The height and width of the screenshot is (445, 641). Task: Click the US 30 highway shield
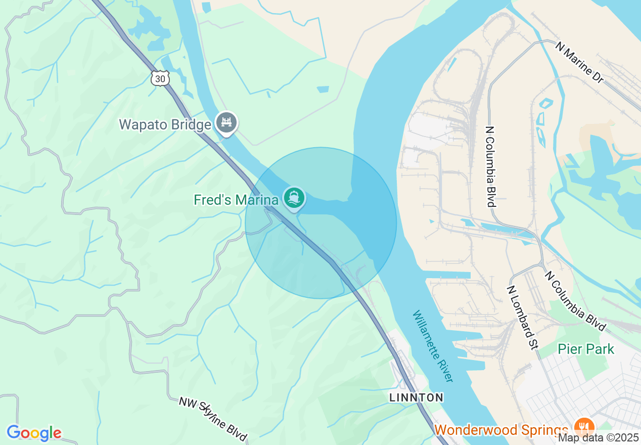(x=160, y=78)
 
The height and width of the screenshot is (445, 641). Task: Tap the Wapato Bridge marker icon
(x=226, y=122)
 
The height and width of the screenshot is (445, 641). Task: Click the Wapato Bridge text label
(x=165, y=124)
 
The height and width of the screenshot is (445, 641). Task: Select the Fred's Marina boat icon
(x=294, y=197)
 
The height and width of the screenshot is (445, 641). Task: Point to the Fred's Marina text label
(x=236, y=200)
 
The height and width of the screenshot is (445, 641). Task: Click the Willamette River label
(x=432, y=346)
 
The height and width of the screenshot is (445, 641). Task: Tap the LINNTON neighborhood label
(x=416, y=397)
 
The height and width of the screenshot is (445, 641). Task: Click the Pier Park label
(x=586, y=349)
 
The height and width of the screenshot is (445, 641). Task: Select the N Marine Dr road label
(x=579, y=63)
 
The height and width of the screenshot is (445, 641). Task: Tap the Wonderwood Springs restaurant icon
(x=585, y=425)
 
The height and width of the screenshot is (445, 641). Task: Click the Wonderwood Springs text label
(x=500, y=430)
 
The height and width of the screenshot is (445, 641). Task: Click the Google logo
(x=34, y=433)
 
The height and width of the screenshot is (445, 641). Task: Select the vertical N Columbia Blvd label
(x=490, y=166)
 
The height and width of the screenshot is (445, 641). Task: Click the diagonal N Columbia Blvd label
(x=575, y=300)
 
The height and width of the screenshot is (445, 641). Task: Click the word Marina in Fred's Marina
(x=258, y=200)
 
